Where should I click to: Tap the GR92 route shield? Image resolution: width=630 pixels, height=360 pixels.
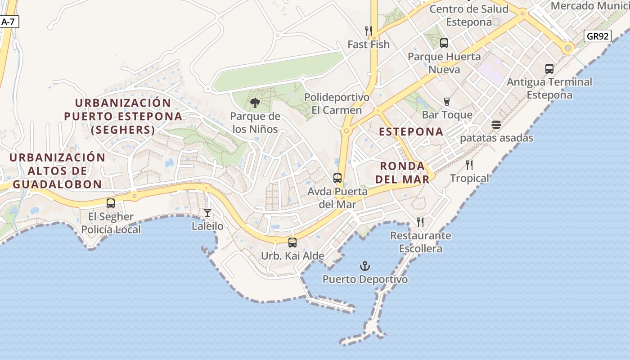(598, 36)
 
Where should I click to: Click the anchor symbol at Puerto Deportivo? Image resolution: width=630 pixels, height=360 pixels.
(365, 266)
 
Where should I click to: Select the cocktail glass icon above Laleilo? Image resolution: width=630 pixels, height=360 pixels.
(207, 213)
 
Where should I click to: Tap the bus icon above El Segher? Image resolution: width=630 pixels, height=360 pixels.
(111, 203)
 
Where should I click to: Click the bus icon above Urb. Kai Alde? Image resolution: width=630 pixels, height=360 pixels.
(292, 243)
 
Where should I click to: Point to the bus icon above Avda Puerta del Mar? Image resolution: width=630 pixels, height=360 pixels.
(337, 178)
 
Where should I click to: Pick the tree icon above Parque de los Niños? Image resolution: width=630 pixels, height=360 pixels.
(255, 103)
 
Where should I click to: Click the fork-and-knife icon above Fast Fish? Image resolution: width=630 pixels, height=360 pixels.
(369, 31)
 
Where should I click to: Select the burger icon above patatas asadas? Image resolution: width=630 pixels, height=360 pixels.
(496, 125)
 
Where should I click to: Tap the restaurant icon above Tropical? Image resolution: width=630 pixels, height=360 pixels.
(469, 165)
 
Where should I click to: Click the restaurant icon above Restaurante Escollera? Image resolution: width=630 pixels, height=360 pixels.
(420, 222)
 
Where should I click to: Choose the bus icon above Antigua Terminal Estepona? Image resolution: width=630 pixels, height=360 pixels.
(549, 69)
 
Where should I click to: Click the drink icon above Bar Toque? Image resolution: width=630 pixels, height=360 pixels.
(447, 102)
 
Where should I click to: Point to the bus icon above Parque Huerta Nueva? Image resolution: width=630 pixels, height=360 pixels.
(444, 43)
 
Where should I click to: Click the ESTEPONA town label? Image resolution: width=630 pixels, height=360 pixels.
(411, 132)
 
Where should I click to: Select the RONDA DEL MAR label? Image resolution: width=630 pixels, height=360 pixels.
(402, 172)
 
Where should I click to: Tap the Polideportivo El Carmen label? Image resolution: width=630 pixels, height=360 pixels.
(337, 104)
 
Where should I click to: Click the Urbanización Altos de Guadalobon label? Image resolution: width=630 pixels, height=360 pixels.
(57, 171)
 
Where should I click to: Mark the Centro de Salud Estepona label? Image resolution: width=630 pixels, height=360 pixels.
(469, 15)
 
